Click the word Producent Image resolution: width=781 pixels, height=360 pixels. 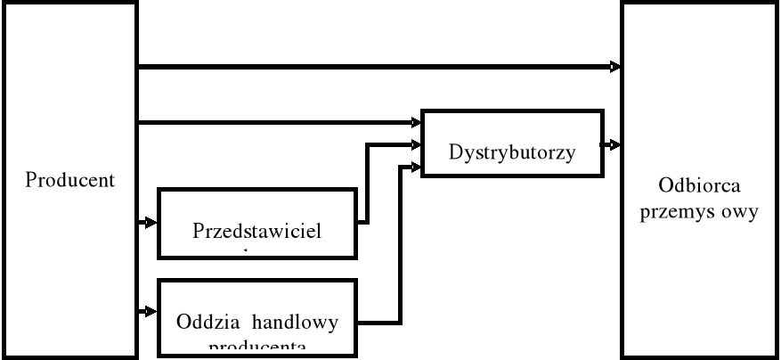pyautogui.click(x=70, y=180)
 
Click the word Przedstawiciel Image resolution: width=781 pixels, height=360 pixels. pyautogui.click(x=256, y=229)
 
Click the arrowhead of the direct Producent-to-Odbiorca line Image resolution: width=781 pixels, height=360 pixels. pyautogui.click(x=616, y=66)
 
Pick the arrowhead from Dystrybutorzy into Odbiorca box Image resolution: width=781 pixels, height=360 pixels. pyautogui.click(x=616, y=143)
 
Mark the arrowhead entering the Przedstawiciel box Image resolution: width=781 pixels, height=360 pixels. pyautogui.click(x=151, y=222)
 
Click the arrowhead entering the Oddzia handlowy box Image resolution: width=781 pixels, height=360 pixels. pyautogui.click(x=151, y=311)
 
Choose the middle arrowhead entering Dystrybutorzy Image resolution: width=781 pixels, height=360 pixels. pyautogui.click(x=417, y=143)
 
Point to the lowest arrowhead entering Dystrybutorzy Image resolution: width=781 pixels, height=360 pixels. pyautogui.click(x=417, y=165)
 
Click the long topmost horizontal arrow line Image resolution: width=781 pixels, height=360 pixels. pyautogui.click(x=374, y=66)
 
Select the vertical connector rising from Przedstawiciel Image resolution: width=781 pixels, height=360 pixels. pyautogui.click(x=367, y=183)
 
